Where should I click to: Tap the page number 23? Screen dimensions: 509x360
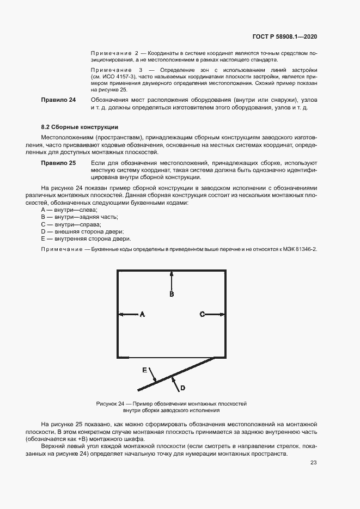tap(314, 463)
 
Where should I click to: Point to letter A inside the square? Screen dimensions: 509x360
tap(142, 314)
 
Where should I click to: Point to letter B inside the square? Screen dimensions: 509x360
tap(172, 294)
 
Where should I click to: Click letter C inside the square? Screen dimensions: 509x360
tap(202, 314)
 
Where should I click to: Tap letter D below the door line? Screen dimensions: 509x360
tap(183, 388)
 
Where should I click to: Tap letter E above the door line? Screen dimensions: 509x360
tap(145, 370)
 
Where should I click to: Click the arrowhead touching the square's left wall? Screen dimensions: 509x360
tap(121, 314)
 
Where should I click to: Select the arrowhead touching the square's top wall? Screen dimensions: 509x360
tap(172, 272)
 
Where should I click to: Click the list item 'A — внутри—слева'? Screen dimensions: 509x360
tap(69, 210)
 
